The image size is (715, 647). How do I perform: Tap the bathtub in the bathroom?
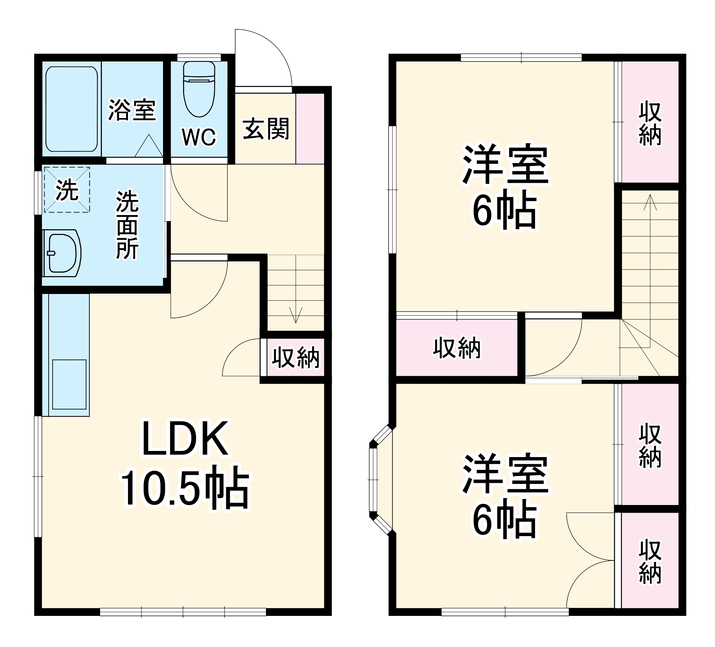pyautogui.click(x=71, y=109)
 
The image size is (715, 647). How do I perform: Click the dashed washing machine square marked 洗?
pyautogui.click(x=67, y=190)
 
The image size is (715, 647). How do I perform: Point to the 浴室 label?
pyautogui.click(x=132, y=110)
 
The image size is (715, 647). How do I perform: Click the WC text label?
pyautogui.click(x=199, y=137)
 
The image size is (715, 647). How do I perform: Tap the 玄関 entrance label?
pyautogui.click(x=266, y=129)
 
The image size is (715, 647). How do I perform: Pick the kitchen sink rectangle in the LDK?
pyautogui.click(x=69, y=384)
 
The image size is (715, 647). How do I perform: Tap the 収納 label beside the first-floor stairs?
pyautogui.click(x=295, y=357)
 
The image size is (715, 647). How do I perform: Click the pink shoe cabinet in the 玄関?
pyautogui.click(x=310, y=129)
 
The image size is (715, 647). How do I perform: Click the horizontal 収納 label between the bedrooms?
pyautogui.click(x=457, y=348)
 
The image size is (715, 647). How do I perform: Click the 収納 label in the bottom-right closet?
pyautogui.click(x=650, y=562)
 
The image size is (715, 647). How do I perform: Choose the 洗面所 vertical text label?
pyautogui.click(x=127, y=225)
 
